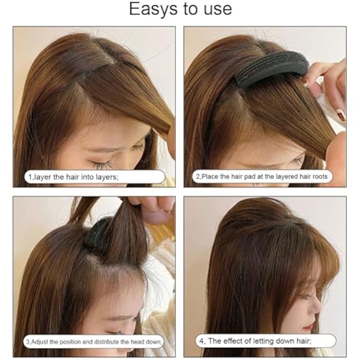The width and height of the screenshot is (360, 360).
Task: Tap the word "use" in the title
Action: pos(216,9)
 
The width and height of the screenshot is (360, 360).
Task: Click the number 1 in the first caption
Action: pos(30,177)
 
